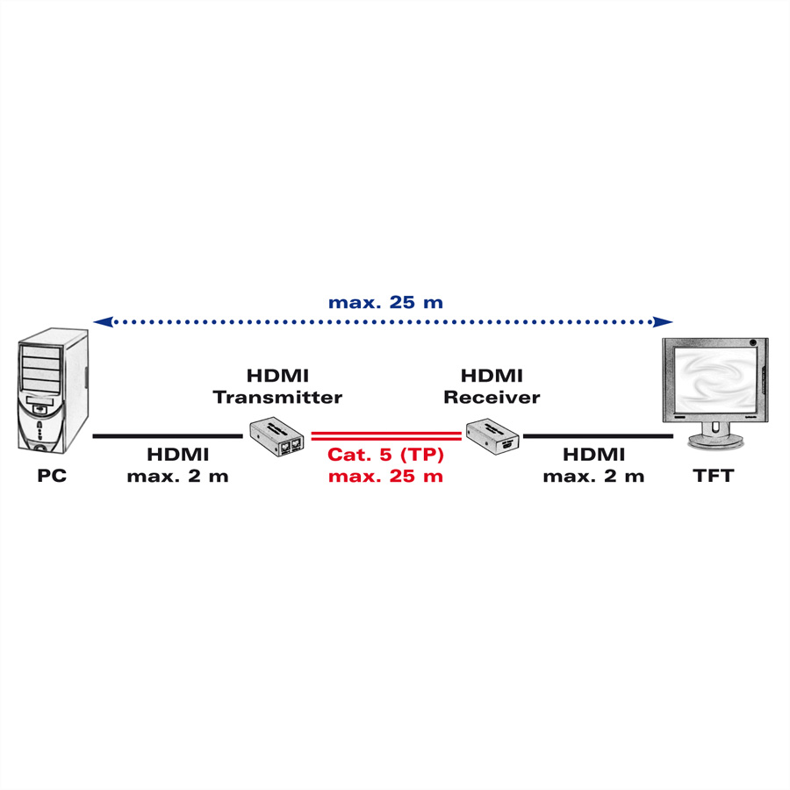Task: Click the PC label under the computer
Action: (52, 476)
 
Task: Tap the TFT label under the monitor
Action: (714, 476)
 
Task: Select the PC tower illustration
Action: (54, 391)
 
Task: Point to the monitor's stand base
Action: (715, 441)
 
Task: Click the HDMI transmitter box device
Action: (276, 436)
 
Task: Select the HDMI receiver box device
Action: (492, 436)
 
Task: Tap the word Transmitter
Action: (277, 397)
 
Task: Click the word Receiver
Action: (492, 397)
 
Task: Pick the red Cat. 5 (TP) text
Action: (386, 455)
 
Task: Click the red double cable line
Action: (386, 436)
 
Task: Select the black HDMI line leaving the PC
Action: (168, 436)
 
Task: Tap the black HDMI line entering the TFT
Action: (598, 436)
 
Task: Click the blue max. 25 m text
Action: (386, 302)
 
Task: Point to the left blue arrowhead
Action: (104, 321)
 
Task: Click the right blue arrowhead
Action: (663, 321)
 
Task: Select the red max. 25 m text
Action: (386, 476)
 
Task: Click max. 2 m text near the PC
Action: (178, 476)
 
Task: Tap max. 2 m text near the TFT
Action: (594, 476)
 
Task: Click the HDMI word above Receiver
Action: (492, 376)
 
